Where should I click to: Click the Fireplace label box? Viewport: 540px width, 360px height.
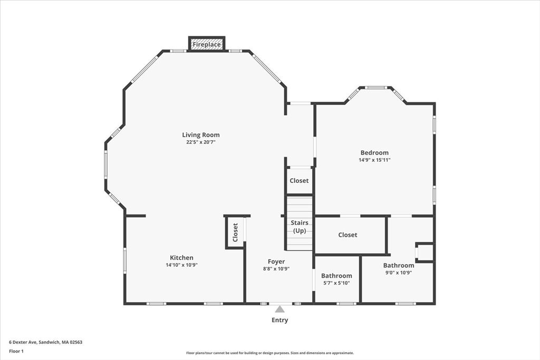[x=207, y=44]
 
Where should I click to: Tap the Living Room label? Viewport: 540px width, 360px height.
[x=201, y=135]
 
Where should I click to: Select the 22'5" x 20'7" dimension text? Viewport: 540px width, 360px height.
[x=200, y=142]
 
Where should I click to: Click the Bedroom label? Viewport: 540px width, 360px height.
[x=374, y=153]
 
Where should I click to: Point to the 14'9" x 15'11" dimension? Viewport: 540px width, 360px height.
[x=374, y=160]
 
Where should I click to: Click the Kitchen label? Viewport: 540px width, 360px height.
[x=181, y=258]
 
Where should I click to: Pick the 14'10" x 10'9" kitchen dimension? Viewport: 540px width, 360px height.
[x=181, y=265]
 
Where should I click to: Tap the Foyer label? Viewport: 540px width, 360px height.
[x=276, y=261]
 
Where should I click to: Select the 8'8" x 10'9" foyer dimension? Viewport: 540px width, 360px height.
[x=276, y=269]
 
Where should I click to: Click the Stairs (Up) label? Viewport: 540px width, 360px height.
[x=300, y=227]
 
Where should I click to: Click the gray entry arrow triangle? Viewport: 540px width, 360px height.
[x=279, y=309]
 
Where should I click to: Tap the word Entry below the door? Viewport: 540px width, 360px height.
[x=279, y=320]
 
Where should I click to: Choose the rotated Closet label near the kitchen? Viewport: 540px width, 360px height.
[x=235, y=232]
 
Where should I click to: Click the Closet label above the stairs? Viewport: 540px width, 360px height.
[x=299, y=181]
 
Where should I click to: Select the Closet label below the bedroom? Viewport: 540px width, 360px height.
[x=348, y=235]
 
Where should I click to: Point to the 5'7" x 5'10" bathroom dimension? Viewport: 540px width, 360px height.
[x=336, y=283]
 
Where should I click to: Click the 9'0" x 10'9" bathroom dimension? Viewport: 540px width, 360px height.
[x=398, y=273]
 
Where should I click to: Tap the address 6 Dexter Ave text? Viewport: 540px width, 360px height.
[x=45, y=342]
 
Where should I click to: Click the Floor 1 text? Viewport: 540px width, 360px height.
[x=16, y=351]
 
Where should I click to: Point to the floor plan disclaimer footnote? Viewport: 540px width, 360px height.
[x=269, y=353]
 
